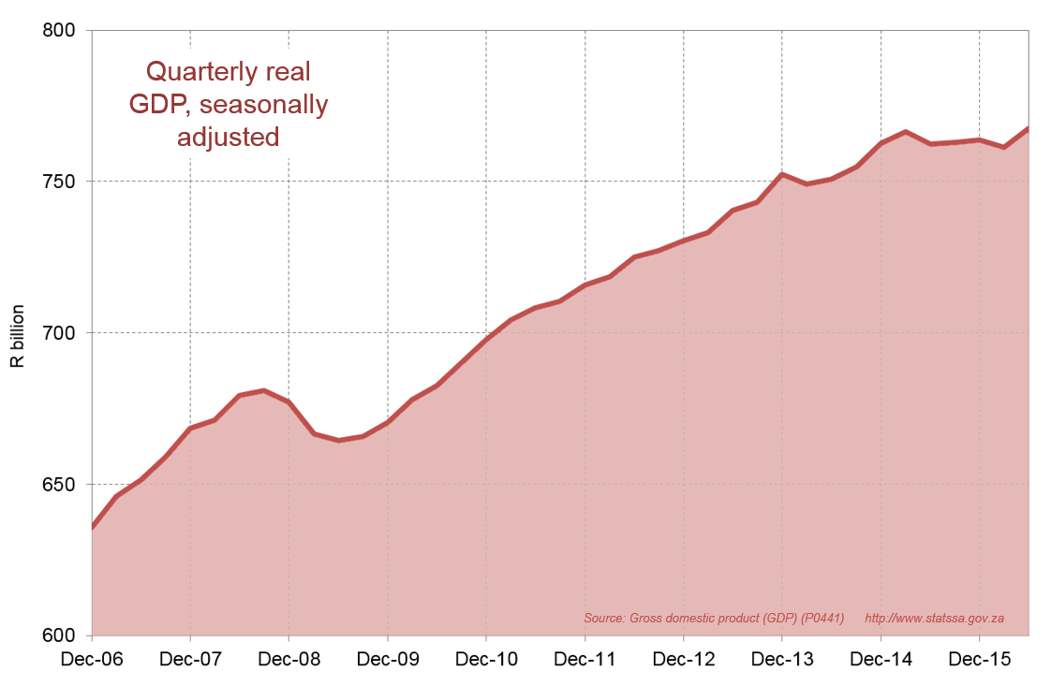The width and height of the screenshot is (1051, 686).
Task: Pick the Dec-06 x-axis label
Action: [x=91, y=660]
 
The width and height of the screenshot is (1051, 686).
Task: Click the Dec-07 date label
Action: [x=190, y=660]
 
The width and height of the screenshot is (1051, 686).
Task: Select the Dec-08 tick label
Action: [x=289, y=660]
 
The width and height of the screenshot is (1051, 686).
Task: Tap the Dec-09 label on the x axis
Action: [x=388, y=660]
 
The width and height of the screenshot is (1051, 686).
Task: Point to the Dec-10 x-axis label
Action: [x=486, y=660]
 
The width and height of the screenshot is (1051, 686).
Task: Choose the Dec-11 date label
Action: [x=585, y=660]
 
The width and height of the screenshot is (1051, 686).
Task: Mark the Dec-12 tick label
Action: [x=684, y=660]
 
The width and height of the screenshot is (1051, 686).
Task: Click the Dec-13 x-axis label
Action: [x=782, y=660]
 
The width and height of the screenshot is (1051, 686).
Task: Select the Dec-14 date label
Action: [x=881, y=660]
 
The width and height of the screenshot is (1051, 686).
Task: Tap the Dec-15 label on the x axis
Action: [x=980, y=660]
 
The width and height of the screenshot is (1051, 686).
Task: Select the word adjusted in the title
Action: [x=229, y=137]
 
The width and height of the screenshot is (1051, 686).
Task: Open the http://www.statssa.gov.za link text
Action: [x=934, y=619]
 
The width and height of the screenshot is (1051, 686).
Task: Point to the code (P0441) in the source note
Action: [x=818, y=619]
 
